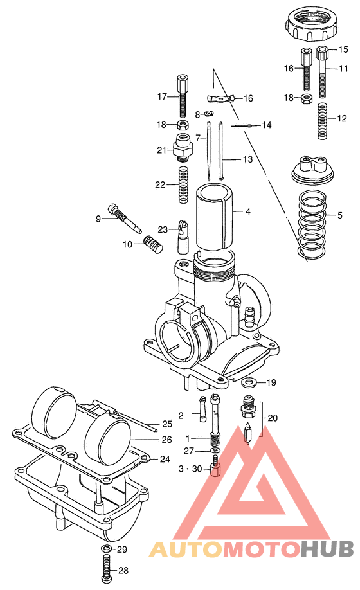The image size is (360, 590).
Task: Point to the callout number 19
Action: [271, 383]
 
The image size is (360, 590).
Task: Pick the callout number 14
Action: [266, 125]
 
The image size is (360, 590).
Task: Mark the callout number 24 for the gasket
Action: [165, 460]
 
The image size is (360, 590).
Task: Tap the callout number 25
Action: [167, 424]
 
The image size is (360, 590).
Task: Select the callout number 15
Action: [343, 49]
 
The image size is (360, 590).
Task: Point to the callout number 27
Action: [188, 451]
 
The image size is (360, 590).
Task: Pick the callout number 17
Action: [163, 96]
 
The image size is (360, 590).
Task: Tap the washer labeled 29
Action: [106, 550]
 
